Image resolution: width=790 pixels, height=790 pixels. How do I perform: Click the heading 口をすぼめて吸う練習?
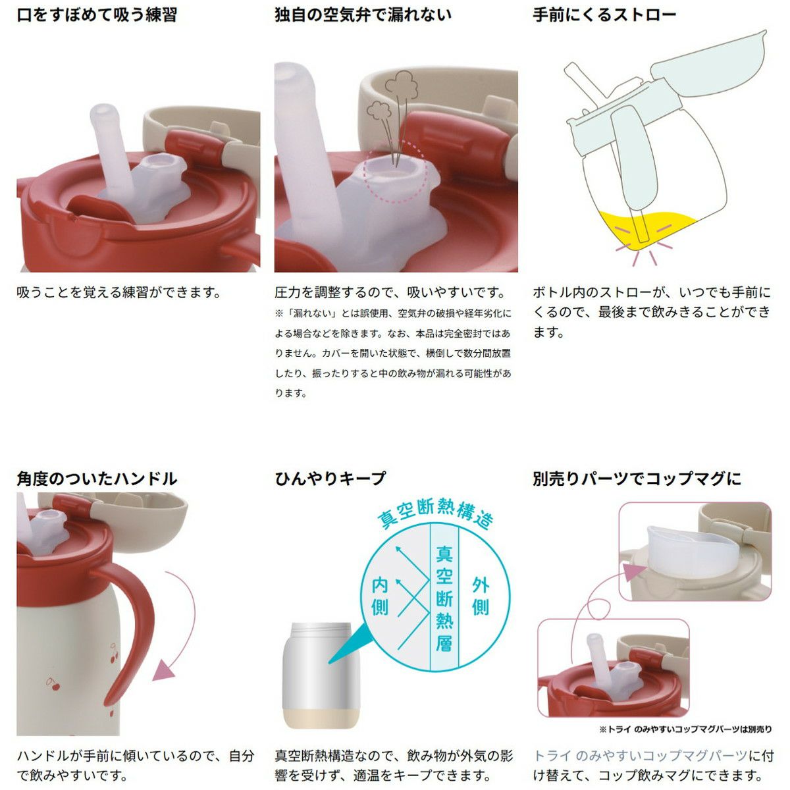[97, 16]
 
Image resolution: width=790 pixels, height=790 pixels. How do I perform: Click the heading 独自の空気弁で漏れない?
[363, 16]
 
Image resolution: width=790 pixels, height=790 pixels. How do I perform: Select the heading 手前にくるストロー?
[604, 16]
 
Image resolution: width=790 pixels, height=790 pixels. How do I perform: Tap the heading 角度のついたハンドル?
[97, 479]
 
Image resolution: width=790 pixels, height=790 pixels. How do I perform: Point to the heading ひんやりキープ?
[330, 479]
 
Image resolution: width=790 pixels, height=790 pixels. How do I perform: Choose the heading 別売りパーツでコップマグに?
[637, 479]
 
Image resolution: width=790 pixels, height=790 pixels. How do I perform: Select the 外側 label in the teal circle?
[481, 596]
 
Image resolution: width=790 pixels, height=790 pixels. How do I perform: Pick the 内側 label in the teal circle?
[380, 596]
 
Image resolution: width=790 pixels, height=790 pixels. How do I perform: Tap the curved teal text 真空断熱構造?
[434, 512]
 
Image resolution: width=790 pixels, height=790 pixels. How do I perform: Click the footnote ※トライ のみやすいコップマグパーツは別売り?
[685, 729]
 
